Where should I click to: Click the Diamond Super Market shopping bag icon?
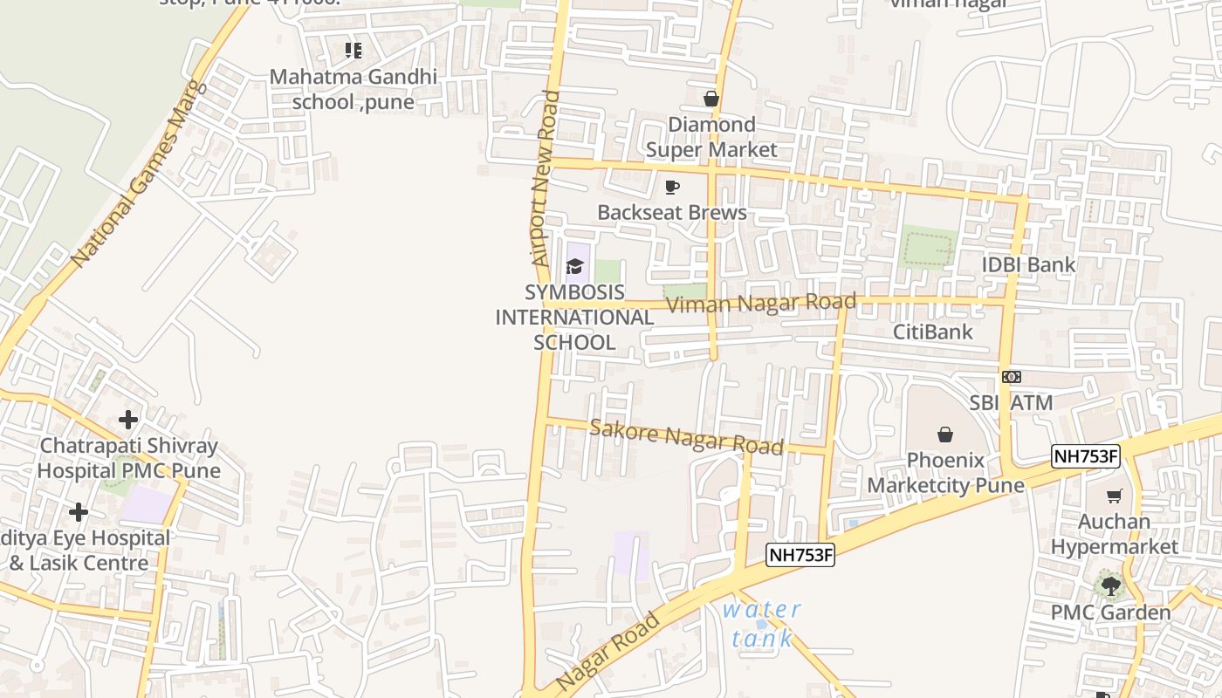point(711,99)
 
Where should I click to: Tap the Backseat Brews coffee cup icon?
point(671,187)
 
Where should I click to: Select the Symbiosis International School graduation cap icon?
point(574,266)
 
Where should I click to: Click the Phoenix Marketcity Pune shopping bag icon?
point(944,435)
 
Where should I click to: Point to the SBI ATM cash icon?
point(1012,377)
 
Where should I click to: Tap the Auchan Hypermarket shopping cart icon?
point(1114,496)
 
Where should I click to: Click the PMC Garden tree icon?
point(1110,585)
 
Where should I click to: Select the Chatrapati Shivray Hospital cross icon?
point(128,420)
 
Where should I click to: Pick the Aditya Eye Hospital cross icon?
point(79,512)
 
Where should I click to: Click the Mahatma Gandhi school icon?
point(353,51)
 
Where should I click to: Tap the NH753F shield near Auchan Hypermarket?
point(1085,456)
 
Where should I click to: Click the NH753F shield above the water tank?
point(800,554)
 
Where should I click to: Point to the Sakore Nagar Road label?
point(686,436)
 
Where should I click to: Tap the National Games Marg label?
point(138,174)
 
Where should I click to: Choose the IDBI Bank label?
point(1028,265)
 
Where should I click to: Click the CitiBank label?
point(932,332)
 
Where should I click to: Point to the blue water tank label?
point(762,624)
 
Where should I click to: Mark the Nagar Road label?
point(608,652)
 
